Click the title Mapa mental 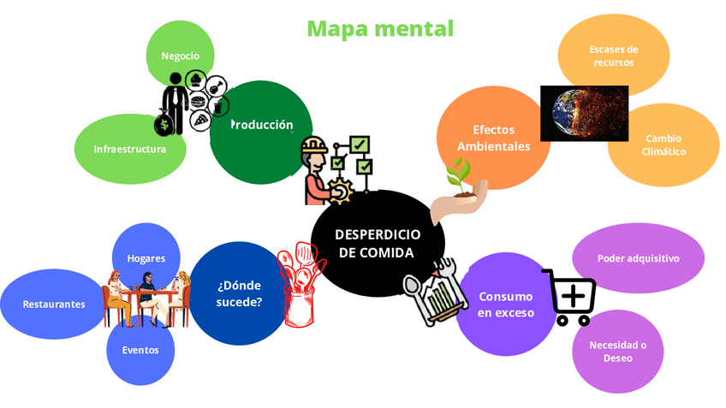pyautogui.click(x=379, y=28)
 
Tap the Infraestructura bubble pyautogui.click(x=128, y=148)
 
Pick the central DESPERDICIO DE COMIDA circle pyautogui.click(x=377, y=243)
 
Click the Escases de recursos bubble pyautogui.click(x=613, y=56)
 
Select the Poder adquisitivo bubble pyautogui.click(x=638, y=257)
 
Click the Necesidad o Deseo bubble pyautogui.click(x=617, y=351)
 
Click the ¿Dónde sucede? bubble pyautogui.click(x=239, y=293)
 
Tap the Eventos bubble pyautogui.click(x=140, y=349)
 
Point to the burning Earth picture pyautogui.click(x=584, y=113)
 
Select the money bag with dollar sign pyautogui.click(x=164, y=124)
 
